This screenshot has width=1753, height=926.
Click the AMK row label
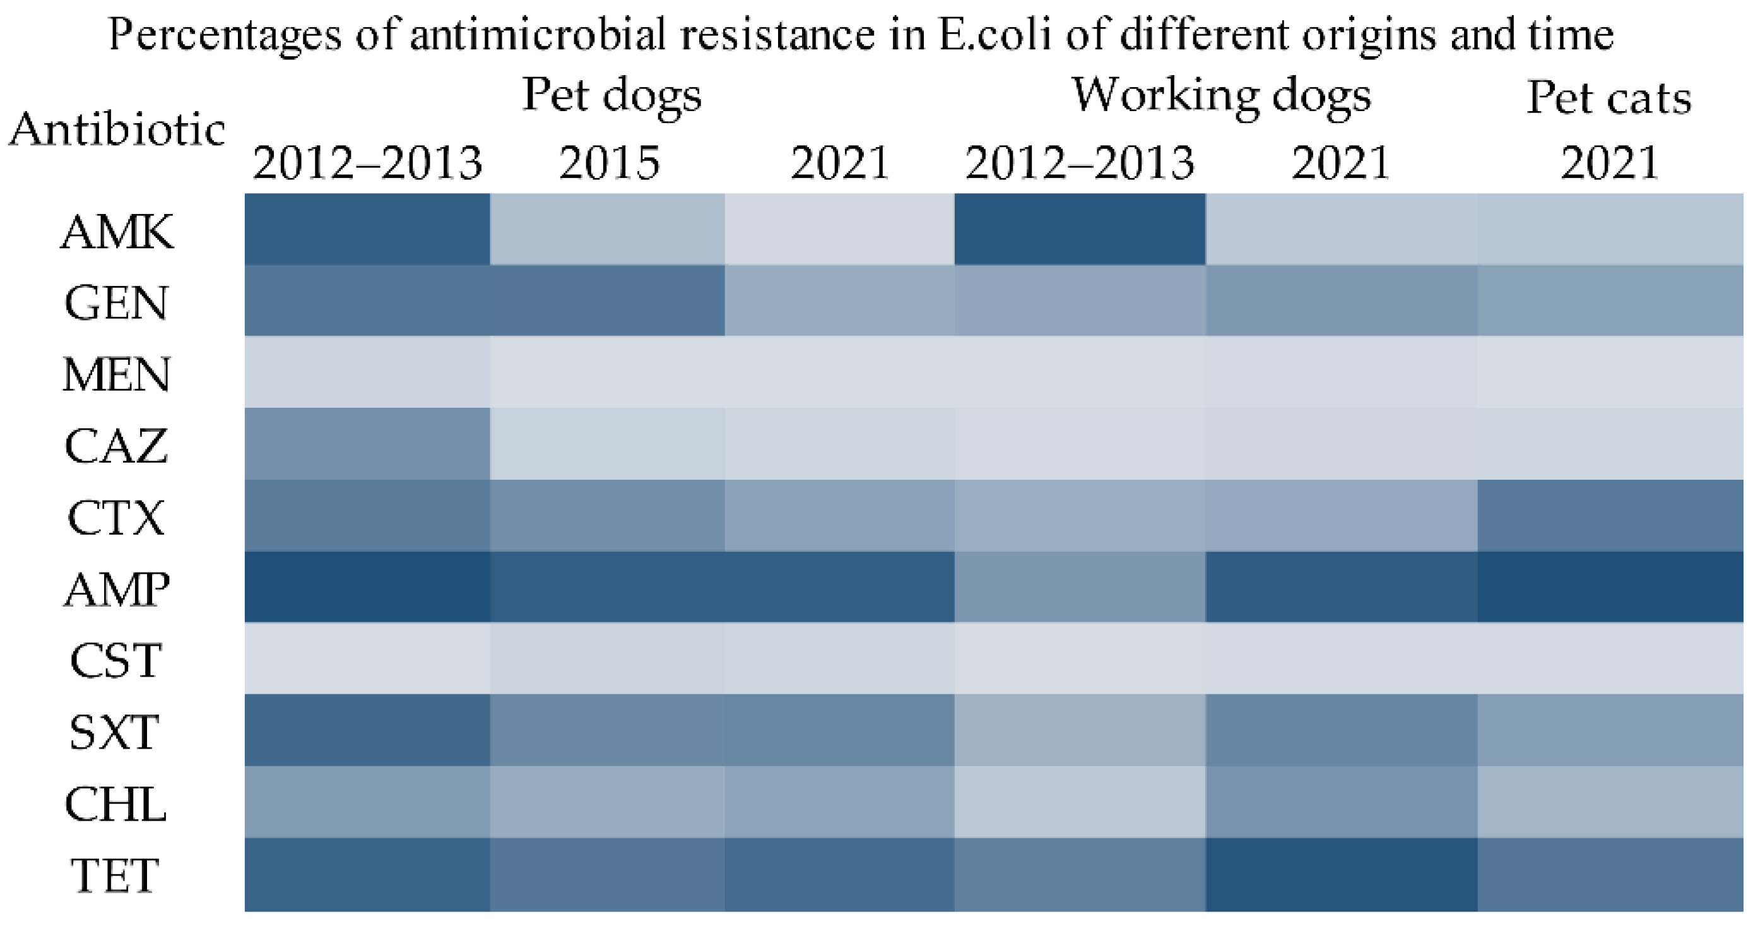point(117,232)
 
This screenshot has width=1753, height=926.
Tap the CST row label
point(115,660)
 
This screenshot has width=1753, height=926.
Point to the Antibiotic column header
point(117,129)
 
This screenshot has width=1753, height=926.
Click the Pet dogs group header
point(611,96)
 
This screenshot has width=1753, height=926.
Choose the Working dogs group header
point(1221,96)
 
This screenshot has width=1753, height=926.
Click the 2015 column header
point(609,163)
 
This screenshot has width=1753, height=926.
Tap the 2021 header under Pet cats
point(1609,163)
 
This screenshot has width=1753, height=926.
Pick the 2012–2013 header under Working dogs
point(1079,163)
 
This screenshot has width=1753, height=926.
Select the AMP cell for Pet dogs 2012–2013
point(367,587)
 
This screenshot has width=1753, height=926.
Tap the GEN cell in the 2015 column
point(607,300)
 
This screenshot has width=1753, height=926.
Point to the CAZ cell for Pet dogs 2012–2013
point(367,443)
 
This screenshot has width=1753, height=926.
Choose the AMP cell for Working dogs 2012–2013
point(1079,587)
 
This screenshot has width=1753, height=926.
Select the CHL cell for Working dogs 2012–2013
point(1079,802)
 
